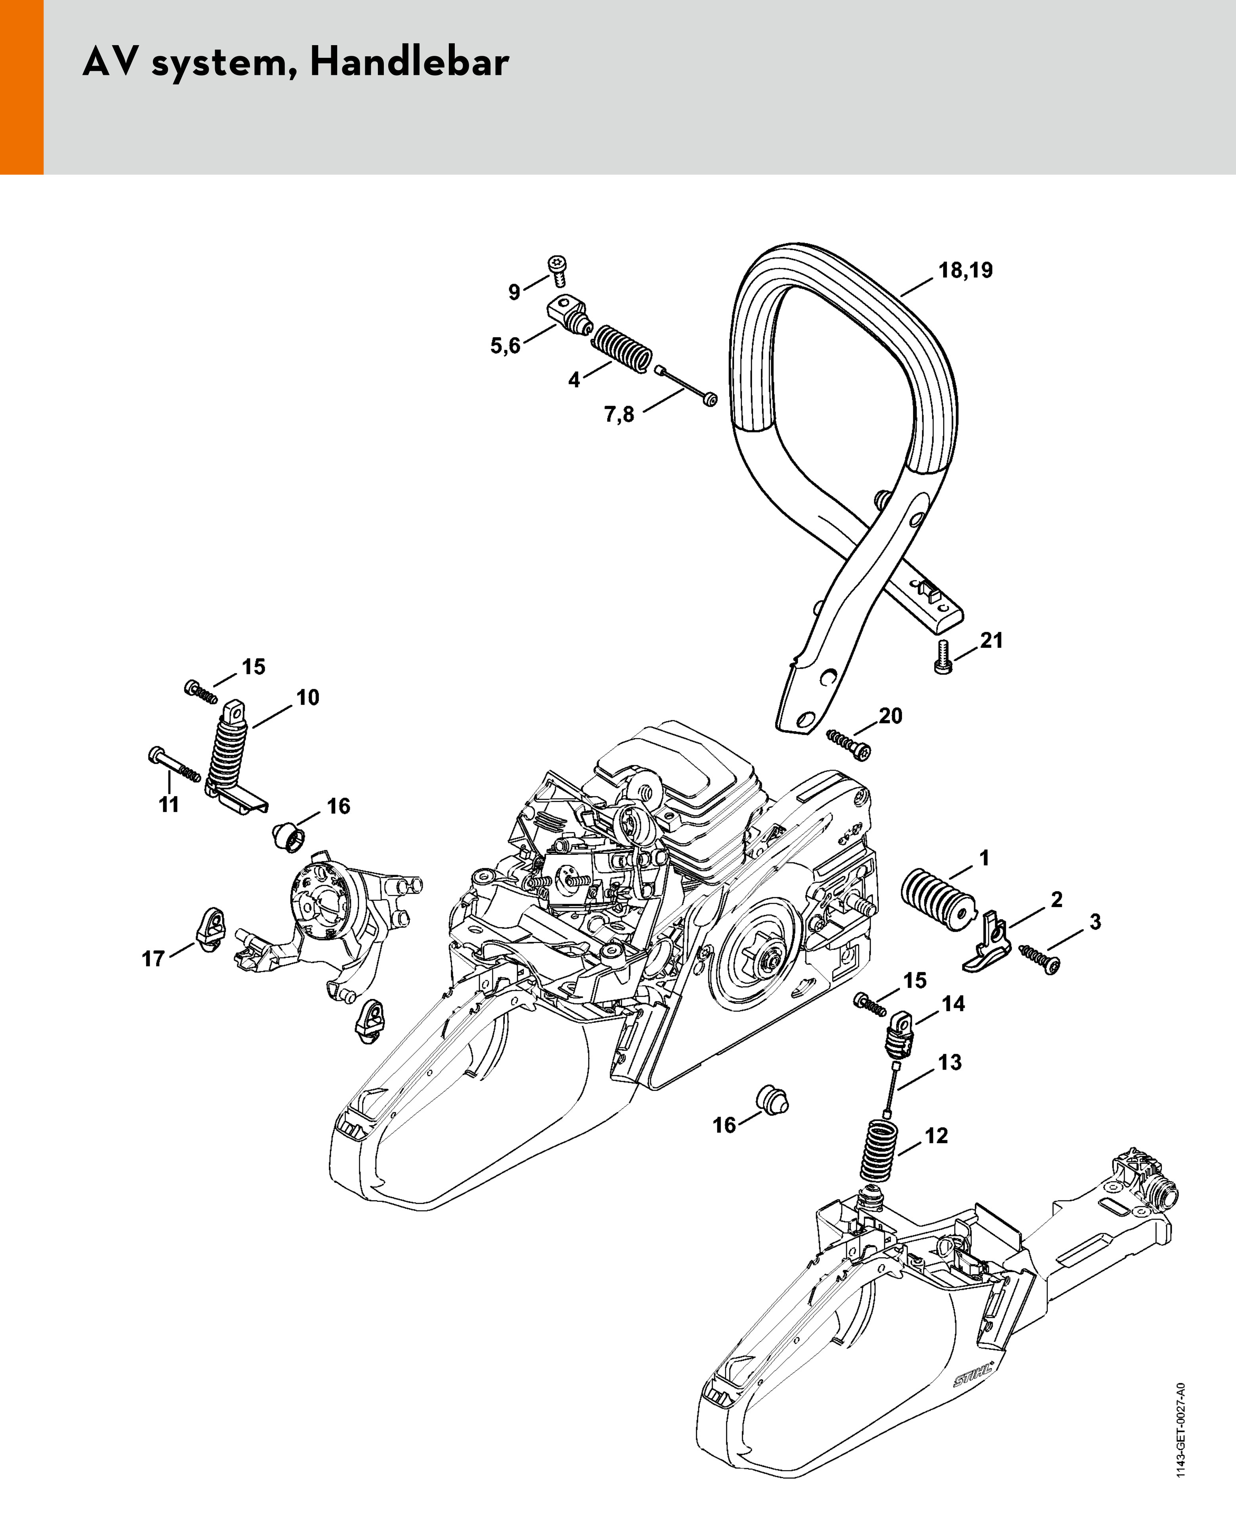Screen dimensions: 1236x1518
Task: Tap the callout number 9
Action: point(514,292)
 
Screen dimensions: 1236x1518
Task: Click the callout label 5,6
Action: point(505,346)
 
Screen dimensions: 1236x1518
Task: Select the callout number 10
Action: point(307,697)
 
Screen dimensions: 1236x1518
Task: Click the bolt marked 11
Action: point(174,765)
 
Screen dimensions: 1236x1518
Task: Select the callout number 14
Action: point(953,1004)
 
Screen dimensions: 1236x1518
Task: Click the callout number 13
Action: point(950,1062)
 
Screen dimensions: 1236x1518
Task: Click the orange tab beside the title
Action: point(21,87)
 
